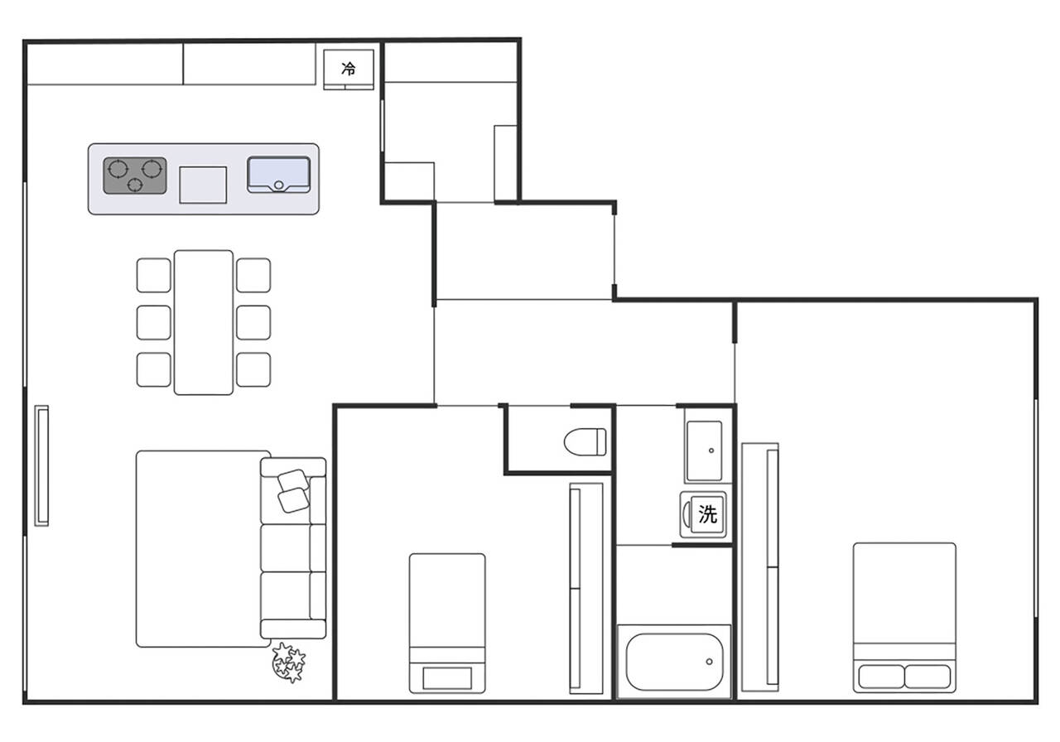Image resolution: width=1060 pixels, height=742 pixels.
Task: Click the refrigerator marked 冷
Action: click(x=349, y=70)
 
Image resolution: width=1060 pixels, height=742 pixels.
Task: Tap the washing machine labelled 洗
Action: click(x=704, y=515)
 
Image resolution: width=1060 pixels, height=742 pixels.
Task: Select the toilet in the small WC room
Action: click(x=585, y=442)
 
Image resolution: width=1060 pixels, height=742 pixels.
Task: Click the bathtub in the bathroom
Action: click(x=674, y=662)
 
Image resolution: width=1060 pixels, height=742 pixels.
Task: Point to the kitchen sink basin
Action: click(x=279, y=175)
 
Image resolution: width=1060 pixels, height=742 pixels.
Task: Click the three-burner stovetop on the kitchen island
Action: click(x=135, y=176)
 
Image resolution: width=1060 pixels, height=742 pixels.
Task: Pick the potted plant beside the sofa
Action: click(x=289, y=662)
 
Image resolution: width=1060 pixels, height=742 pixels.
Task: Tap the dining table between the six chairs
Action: click(x=204, y=322)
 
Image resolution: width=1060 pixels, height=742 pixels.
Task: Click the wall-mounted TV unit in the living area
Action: click(x=41, y=465)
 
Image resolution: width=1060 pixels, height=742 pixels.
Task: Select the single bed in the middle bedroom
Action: click(x=447, y=624)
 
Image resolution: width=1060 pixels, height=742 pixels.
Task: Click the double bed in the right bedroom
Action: click(x=904, y=618)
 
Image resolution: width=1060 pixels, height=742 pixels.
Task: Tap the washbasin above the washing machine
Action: click(x=705, y=451)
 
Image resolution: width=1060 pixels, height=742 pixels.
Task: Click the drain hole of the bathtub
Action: click(x=710, y=662)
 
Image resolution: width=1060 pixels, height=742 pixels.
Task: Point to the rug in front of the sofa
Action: click(x=204, y=549)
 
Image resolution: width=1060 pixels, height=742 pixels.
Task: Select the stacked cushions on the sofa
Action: click(x=293, y=491)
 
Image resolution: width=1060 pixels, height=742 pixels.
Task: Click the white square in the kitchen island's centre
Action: click(x=203, y=185)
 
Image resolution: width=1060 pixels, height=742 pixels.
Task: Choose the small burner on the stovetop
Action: click(x=135, y=185)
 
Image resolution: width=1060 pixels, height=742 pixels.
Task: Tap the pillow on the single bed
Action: click(x=447, y=678)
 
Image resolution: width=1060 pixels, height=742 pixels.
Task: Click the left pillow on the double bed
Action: click(x=881, y=677)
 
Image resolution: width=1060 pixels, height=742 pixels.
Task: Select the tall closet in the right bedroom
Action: click(x=760, y=567)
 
